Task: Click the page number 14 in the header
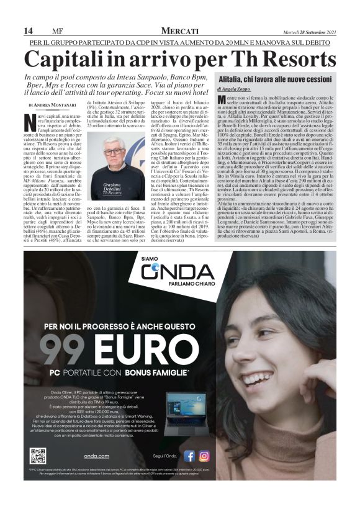(x=28, y=31)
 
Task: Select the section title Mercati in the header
(x=180, y=30)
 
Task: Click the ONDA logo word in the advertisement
(x=179, y=273)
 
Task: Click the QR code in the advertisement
(x=37, y=455)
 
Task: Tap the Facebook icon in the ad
(x=189, y=456)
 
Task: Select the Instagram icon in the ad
(x=204, y=456)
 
